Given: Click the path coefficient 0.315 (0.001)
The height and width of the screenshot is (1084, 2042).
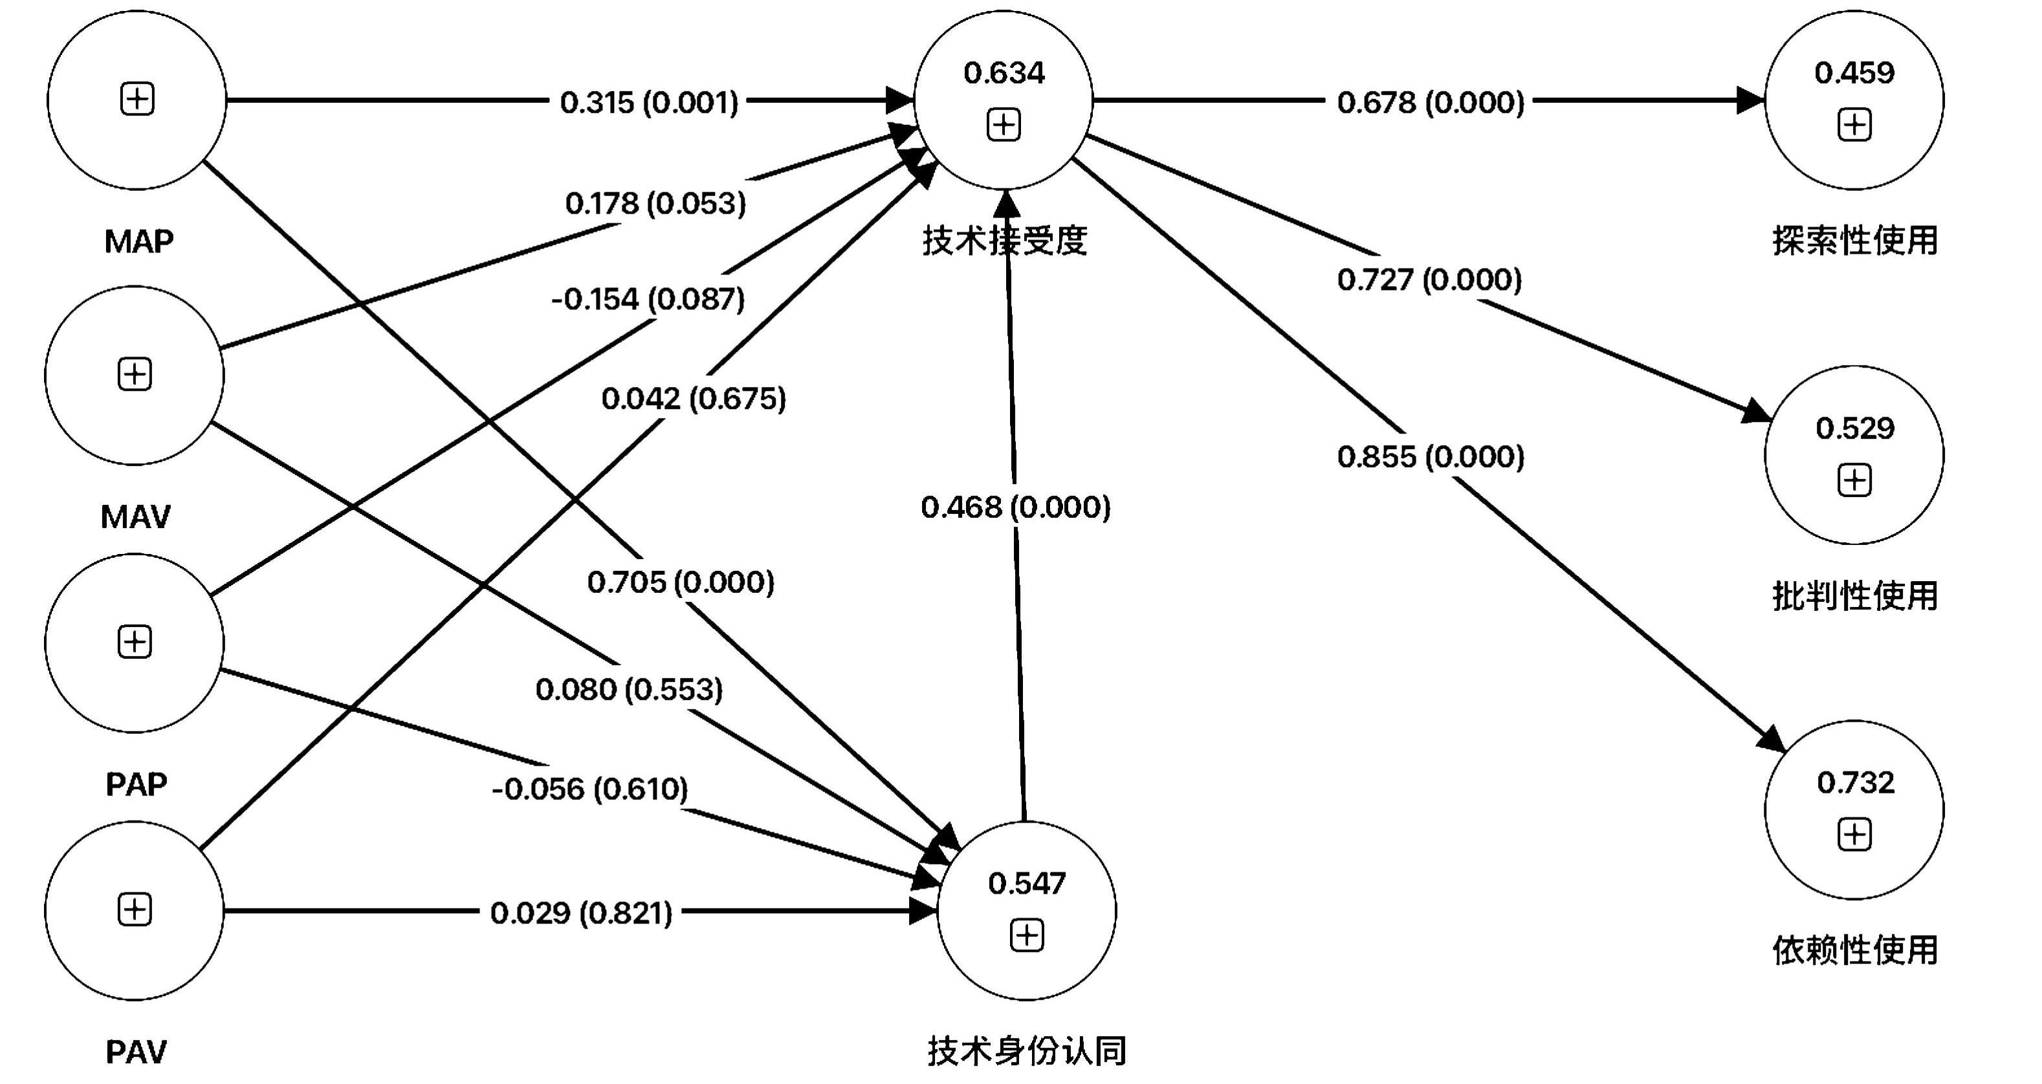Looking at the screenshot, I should coord(648,102).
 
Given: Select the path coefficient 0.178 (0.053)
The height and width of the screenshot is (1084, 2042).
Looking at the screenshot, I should coord(655,204).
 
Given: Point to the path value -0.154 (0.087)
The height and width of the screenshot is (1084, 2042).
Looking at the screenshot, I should coord(648,299).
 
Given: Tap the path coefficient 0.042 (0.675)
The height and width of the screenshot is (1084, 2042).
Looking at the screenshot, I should coord(693,398).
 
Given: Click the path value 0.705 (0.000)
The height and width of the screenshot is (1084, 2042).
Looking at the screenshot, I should coord(680,582).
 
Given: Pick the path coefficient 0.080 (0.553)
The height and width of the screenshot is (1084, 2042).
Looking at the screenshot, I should coord(629,689).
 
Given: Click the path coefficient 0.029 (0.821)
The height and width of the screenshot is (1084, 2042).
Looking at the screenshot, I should coord(580,913).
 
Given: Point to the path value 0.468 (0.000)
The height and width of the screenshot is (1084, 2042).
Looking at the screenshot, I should coord(1015,507).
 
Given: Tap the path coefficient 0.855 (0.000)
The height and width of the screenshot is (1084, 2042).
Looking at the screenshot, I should coord(1430,457).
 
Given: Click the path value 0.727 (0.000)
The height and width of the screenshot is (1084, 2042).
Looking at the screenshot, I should coord(1429,279).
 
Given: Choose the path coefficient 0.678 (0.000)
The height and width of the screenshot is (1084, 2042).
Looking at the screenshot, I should coord(1430,102).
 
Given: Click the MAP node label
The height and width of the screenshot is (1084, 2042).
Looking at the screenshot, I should coord(138,241).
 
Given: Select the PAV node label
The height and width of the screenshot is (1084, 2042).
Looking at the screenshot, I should coord(137,1052).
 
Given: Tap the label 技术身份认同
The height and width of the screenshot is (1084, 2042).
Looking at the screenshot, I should coord(1027,1052).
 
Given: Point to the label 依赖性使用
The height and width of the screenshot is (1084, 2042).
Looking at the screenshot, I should coord(1854,950).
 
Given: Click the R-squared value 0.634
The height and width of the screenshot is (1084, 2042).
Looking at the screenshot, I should coord(1004,73).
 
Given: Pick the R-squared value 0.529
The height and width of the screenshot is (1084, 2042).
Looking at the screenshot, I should coord(1854,428).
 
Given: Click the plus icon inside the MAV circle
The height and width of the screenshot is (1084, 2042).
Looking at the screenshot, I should coord(135,374).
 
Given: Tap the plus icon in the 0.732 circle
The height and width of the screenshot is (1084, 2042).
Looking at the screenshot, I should coord(1854,835).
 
